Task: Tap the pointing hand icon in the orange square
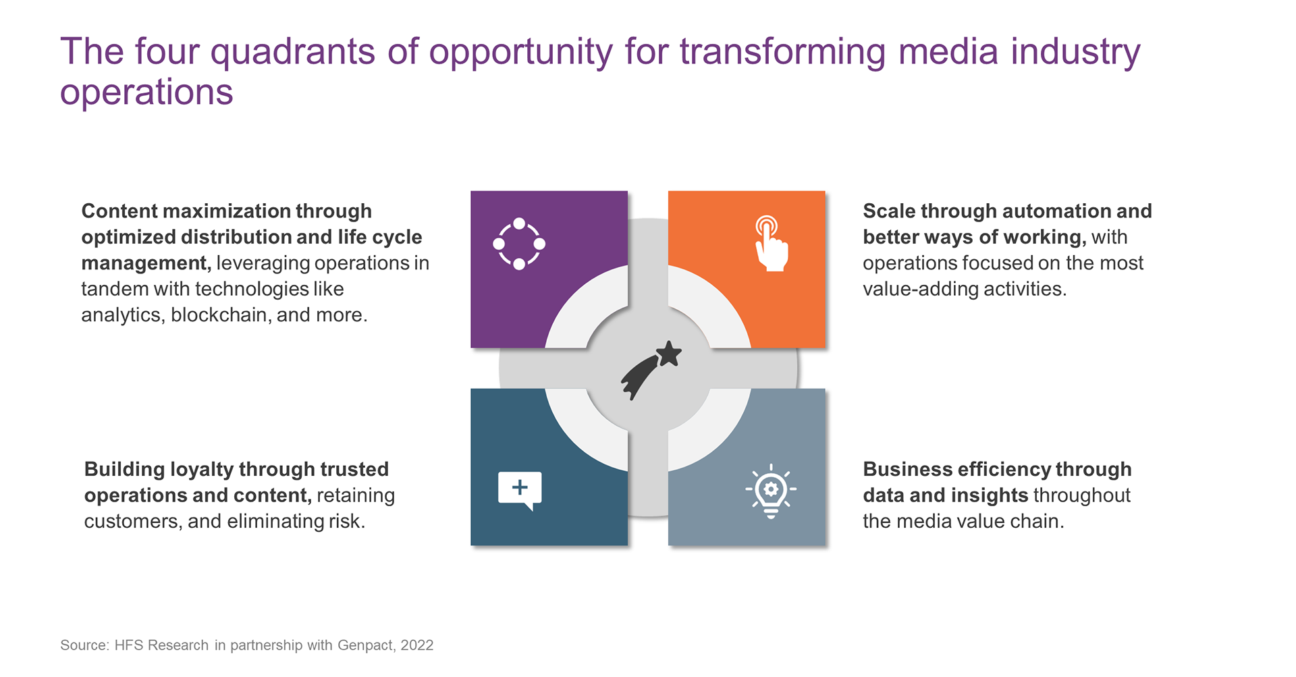pyautogui.click(x=771, y=244)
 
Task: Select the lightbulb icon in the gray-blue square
pyautogui.click(x=771, y=491)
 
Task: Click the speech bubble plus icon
pyautogui.click(x=520, y=490)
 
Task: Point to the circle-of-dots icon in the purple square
pyautogui.click(x=519, y=244)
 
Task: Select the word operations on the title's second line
pyautogui.click(x=146, y=92)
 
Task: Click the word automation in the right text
pyautogui.click(x=1060, y=211)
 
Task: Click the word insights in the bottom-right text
pyautogui.click(x=989, y=495)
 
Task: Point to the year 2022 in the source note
pyautogui.click(x=417, y=645)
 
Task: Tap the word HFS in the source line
pyautogui.click(x=128, y=645)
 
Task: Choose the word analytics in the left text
pyautogui.click(x=123, y=315)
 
